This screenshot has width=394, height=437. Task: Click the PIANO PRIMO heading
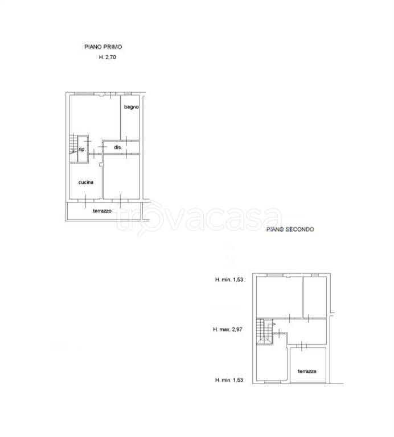[x=103, y=47]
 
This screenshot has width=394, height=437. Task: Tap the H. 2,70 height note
[x=108, y=57]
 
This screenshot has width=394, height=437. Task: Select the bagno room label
[x=132, y=107]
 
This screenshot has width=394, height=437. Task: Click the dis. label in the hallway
[x=118, y=147]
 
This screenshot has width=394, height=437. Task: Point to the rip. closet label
[x=82, y=150]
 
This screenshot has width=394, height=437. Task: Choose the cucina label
[x=86, y=182]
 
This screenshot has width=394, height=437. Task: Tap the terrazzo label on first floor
[x=102, y=211]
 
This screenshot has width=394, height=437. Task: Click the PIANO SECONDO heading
[x=290, y=229]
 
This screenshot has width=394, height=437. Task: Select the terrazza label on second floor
[x=307, y=371]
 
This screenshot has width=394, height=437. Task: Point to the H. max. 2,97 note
[x=228, y=329]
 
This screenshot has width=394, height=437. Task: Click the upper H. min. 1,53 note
[x=229, y=279]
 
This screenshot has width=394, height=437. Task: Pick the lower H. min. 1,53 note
[x=229, y=380]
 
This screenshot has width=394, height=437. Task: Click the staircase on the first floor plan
[x=73, y=148]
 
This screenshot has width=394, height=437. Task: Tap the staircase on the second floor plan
[x=264, y=332]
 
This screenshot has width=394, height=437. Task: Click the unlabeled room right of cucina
[x=121, y=176]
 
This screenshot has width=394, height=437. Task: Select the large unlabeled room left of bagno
[x=95, y=117]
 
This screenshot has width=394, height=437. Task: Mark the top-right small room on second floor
[x=315, y=297]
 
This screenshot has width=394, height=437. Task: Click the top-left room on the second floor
[x=280, y=297]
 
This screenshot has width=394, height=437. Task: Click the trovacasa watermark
[x=199, y=217]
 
